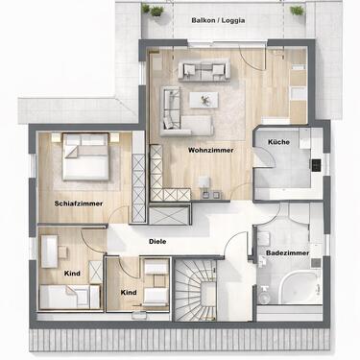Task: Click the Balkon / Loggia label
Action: (x=218, y=20)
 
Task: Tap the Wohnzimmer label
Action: (x=211, y=150)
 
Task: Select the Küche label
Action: (x=278, y=142)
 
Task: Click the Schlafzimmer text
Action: (x=79, y=204)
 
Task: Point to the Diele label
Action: (x=157, y=242)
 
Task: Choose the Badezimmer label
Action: (x=288, y=252)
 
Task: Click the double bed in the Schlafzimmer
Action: (x=85, y=156)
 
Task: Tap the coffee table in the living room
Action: (x=204, y=100)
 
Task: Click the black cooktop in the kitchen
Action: (x=315, y=165)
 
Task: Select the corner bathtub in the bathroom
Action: (x=300, y=287)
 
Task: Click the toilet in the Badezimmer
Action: (x=264, y=295)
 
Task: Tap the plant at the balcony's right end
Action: (x=298, y=11)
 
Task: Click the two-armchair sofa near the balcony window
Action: (x=204, y=70)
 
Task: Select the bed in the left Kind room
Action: (x=69, y=297)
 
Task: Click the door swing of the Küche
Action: (x=265, y=157)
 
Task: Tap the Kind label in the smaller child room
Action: (x=129, y=293)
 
